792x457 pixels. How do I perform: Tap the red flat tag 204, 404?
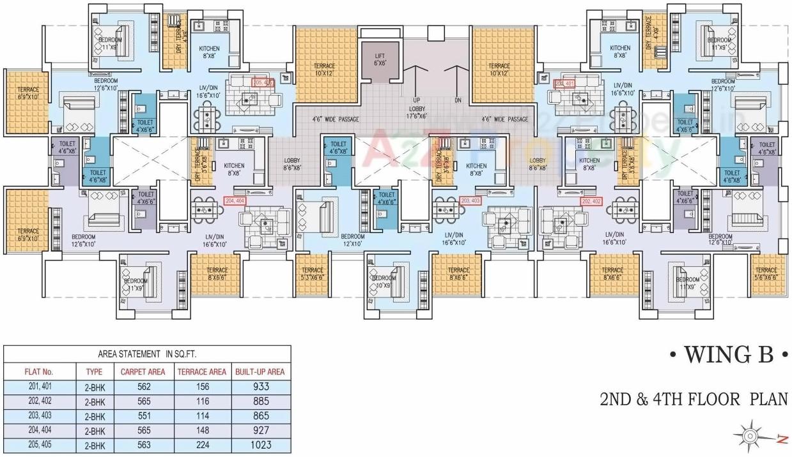(235, 200)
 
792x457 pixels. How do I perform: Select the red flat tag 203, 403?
(470, 200)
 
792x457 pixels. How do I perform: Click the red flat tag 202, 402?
(591, 200)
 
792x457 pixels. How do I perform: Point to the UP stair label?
(417, 100)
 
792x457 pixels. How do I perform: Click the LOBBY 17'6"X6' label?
(417, 112)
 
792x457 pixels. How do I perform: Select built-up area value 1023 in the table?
(260, 445)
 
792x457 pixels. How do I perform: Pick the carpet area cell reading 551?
(143, 416)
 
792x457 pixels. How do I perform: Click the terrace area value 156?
(200, 386)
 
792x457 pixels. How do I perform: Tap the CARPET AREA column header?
(143, 371)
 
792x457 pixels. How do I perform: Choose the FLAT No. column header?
(38, 371)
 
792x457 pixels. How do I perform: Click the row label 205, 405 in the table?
(38, 445)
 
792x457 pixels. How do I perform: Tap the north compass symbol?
(750, 437)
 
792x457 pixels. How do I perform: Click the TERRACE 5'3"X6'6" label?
(313, 274)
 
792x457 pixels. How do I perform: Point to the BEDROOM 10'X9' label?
(384, 281)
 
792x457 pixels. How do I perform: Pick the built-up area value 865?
(260, 416)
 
